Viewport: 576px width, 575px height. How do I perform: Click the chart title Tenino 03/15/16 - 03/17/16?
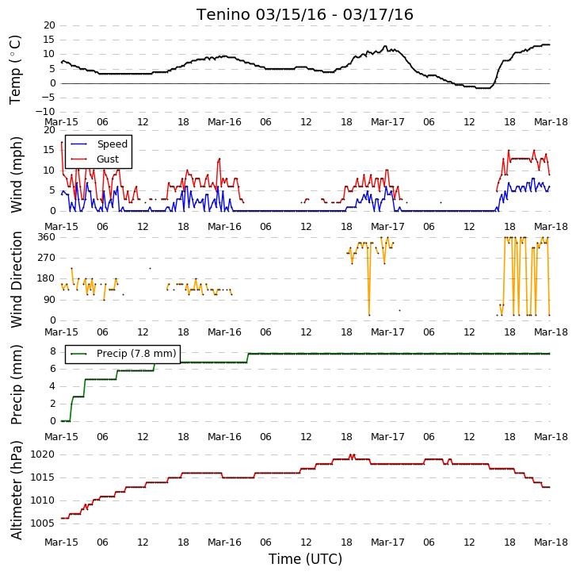(305, 15)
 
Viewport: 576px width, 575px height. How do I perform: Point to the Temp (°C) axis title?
(15, 70)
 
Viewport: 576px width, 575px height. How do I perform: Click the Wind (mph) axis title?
(16, 174)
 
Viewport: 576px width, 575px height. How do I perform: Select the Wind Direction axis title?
(16, 279)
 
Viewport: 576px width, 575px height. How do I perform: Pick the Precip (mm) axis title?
(16, 385)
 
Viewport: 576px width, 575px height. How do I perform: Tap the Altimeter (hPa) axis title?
(16, 489)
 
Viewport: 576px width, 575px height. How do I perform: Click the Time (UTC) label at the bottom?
(305, 559)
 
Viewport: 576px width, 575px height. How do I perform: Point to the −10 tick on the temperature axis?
(45, 112)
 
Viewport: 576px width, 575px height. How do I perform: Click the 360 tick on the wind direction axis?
(46, 237)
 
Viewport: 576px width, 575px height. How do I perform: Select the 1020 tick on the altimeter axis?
(43, 454)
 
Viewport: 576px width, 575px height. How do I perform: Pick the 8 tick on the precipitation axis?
(53, 352)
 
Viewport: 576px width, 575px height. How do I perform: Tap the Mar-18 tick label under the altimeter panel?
(551, 542)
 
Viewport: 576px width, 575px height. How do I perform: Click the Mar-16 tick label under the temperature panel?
(224, 122)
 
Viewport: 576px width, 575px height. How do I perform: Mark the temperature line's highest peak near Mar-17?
(385, 46)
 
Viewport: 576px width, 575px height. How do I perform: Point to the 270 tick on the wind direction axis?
(46, 258)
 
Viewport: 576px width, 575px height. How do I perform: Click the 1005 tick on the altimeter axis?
(43, 523)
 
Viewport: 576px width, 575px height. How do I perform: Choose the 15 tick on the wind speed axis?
(49, 150)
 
